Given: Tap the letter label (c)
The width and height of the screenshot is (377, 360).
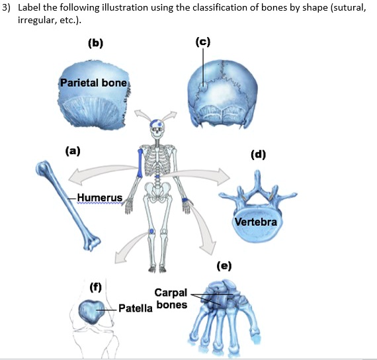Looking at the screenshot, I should [x=202, y=42].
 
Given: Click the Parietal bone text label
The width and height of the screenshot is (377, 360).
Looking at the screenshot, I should [x=88, y=83].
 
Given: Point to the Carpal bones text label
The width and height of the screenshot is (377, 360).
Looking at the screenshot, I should [x=171, y=298].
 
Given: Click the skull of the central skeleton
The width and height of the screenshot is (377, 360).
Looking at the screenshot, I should [x=157, y=128].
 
